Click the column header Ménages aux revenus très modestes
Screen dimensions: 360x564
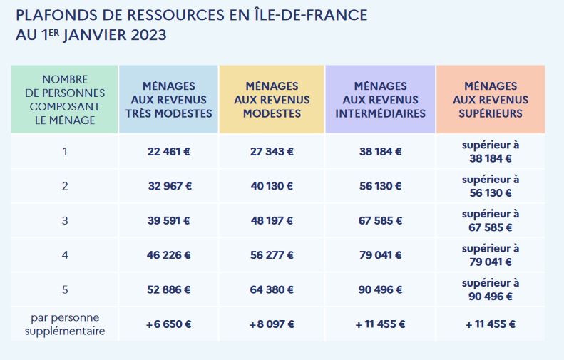click(168, 100)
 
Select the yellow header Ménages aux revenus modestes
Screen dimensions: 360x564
click(272, 100)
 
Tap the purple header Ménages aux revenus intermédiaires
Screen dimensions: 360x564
click(380, 100)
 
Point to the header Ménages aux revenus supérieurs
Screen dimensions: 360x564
click(491, 100)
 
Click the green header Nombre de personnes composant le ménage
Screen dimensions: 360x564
click(64, 100)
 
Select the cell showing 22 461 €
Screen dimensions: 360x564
click(168, 152)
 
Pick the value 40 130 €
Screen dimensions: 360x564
click(272, 186)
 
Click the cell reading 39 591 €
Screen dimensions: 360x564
click(168, 221)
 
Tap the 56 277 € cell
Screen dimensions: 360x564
click(272, 255)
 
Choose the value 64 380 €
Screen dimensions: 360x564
click(272, 290)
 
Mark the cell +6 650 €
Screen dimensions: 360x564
click(168, 324)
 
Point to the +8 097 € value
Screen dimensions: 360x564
click(272, 324)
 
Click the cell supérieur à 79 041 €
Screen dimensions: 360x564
click(491, 255)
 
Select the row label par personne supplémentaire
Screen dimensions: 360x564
click(64, 324)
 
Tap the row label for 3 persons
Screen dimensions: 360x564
click(64, 221)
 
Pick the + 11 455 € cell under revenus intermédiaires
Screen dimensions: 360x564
click(380, 324)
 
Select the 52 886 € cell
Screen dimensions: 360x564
click(168, 290)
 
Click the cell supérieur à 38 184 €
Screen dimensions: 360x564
click(491, 152)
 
